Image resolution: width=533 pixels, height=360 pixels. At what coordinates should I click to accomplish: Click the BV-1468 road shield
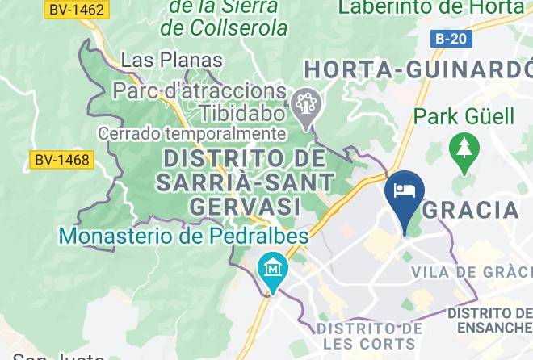(x=61, y=160)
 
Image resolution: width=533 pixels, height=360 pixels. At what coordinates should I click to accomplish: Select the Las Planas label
(x=170, y=61)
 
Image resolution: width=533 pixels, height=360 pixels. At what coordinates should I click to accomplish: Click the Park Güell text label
(x=464, y=116)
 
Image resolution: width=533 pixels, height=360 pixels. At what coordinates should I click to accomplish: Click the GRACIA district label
(x=472, y=210)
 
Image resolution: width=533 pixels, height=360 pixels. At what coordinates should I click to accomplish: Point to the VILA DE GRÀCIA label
(x=472, y=272)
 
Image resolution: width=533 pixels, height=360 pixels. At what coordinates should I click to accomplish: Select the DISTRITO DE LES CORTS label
(x=369, y=337)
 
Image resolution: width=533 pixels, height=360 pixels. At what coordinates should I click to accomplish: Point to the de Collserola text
(x=224, y=28)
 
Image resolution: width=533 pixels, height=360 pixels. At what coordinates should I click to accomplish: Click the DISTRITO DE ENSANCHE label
(x=493, y=320)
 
